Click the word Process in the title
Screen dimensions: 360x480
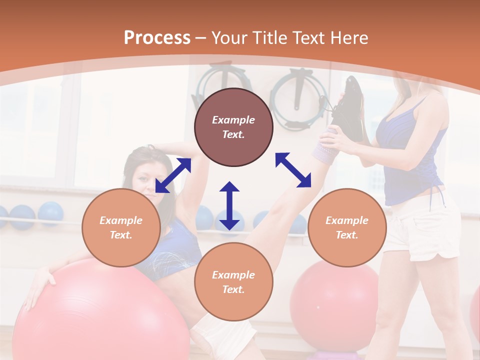[157, 38]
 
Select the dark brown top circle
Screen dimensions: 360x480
[233, 127]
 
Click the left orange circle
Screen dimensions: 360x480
[121, 227]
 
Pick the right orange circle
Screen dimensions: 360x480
[347, 227]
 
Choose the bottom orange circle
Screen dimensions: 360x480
[233, 281]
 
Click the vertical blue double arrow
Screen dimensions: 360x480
[229, 205]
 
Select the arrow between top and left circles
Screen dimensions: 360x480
[173, 175]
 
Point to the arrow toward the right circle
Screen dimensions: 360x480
[293, 170]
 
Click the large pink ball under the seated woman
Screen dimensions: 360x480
[100, 315]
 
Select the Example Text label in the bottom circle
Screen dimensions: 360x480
[233, 282]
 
